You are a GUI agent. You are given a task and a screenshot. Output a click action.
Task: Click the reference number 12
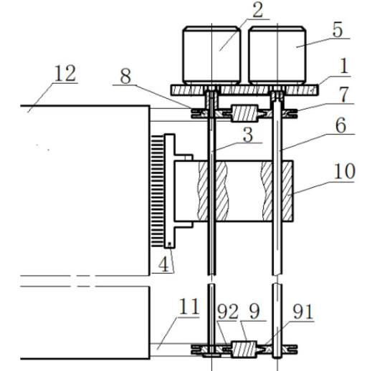point(65,74)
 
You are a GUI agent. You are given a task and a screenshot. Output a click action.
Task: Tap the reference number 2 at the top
point(257,10)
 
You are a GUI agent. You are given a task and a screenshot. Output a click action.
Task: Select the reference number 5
point(338,29)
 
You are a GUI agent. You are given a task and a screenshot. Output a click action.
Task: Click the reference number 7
point(344,95)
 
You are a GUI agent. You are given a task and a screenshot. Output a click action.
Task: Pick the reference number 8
point(125,76)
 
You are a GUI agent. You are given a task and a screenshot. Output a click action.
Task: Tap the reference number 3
point(248,135)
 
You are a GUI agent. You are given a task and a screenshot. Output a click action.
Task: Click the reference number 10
point(344,171)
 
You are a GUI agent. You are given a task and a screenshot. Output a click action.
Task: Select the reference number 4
point(163,264)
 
